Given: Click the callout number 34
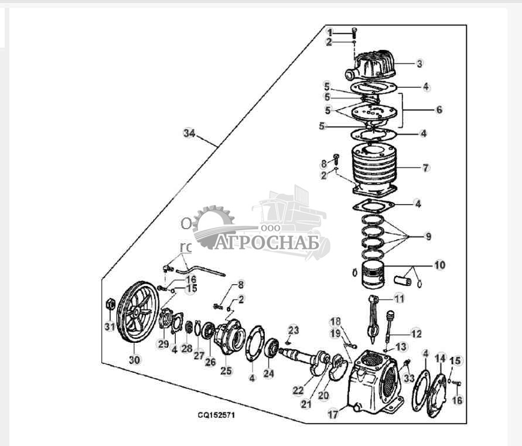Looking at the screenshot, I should [189, 134].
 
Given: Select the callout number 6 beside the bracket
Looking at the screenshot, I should [439, 110].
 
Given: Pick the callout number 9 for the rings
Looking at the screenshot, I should [428, 236].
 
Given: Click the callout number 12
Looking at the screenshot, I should [417, 333].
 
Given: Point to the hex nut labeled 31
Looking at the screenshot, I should [109, 305].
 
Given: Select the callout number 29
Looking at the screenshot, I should [163, 344].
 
